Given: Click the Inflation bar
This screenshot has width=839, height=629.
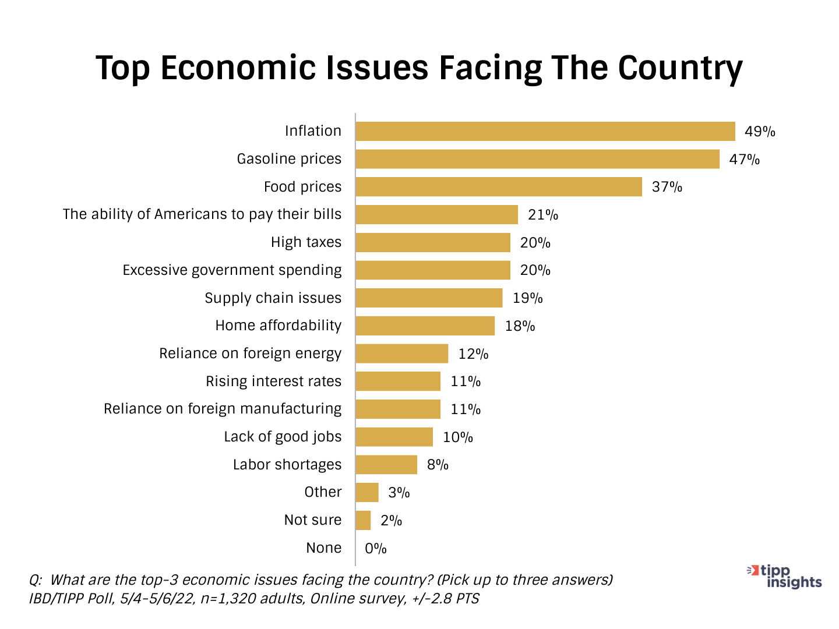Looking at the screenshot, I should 545,132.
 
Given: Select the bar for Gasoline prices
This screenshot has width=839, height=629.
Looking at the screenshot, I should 537,159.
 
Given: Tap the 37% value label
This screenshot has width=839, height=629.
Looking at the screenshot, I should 667,187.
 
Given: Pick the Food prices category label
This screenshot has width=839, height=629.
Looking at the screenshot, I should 302,187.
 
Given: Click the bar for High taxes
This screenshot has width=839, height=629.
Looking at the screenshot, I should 433,242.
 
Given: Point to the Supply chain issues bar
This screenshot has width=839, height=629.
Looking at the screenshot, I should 429,298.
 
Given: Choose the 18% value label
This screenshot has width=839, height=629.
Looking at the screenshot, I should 520,326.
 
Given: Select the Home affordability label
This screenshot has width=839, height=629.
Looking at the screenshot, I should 278,326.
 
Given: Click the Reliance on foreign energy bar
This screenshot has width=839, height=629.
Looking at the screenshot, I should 402,354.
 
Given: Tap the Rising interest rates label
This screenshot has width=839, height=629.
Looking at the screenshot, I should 273,381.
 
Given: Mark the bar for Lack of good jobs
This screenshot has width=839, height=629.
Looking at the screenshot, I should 394,437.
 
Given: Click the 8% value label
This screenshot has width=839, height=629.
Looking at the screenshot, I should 438,465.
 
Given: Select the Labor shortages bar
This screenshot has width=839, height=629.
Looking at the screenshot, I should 386,465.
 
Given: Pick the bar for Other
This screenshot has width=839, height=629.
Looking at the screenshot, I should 367,493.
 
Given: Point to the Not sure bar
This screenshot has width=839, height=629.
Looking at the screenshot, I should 363,520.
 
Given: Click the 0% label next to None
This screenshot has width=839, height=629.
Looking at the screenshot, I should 376,549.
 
